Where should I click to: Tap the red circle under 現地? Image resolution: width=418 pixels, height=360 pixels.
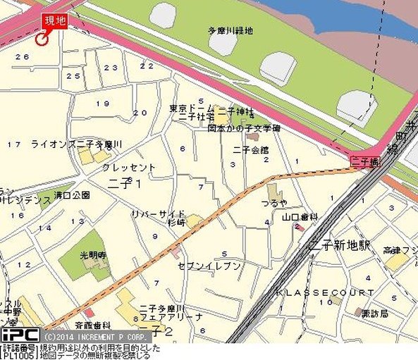[x=41, y=39]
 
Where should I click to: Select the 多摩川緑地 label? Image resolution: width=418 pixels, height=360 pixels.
[x=230, y=30]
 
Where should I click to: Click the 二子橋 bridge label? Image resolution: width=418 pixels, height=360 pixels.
[x=364, y=162]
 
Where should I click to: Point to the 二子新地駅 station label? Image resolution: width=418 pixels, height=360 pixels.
[x=340, y=245]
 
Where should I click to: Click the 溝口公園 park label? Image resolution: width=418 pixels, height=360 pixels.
[x=72, y=194]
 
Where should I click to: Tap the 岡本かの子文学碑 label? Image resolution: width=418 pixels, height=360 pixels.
[x=244, y=129]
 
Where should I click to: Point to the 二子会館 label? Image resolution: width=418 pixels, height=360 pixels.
[x=250, y=149]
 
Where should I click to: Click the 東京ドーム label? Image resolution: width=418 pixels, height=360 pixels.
[x=187, y=108]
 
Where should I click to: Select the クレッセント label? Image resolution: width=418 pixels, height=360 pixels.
[x=128, y=168]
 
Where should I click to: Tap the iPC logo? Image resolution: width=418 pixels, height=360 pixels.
[x=19, y=335]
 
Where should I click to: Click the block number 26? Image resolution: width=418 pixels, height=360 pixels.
[x=22, y=57]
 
